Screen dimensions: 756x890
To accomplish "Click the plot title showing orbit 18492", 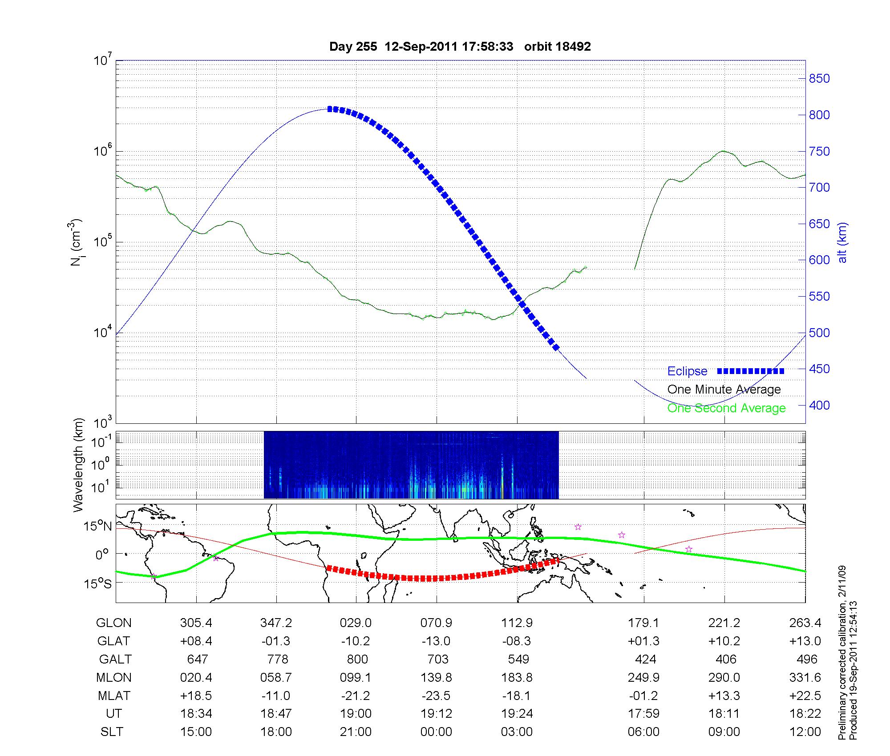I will (460, 47).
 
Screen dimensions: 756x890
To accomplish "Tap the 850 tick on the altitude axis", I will (819, 79).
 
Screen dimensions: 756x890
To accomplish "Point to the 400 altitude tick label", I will (819, 405).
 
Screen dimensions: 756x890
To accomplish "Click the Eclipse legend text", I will (687, 371).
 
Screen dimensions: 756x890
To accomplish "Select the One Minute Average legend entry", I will (724, 390).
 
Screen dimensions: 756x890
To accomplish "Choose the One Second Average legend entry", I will (726, 408).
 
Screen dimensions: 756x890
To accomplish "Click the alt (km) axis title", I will (842, 242).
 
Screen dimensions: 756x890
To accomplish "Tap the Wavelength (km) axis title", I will (78, 465).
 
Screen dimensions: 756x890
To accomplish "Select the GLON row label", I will (113, 623).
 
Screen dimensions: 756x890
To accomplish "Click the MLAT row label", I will (113, 696).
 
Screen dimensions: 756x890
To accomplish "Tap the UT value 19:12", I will (436, 714).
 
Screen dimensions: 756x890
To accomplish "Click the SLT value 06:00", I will (643, 732).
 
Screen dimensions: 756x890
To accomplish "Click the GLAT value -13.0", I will (436, 641).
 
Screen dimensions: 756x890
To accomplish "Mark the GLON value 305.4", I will (196, 623).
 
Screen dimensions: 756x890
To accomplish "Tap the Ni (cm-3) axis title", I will (77, 242).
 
